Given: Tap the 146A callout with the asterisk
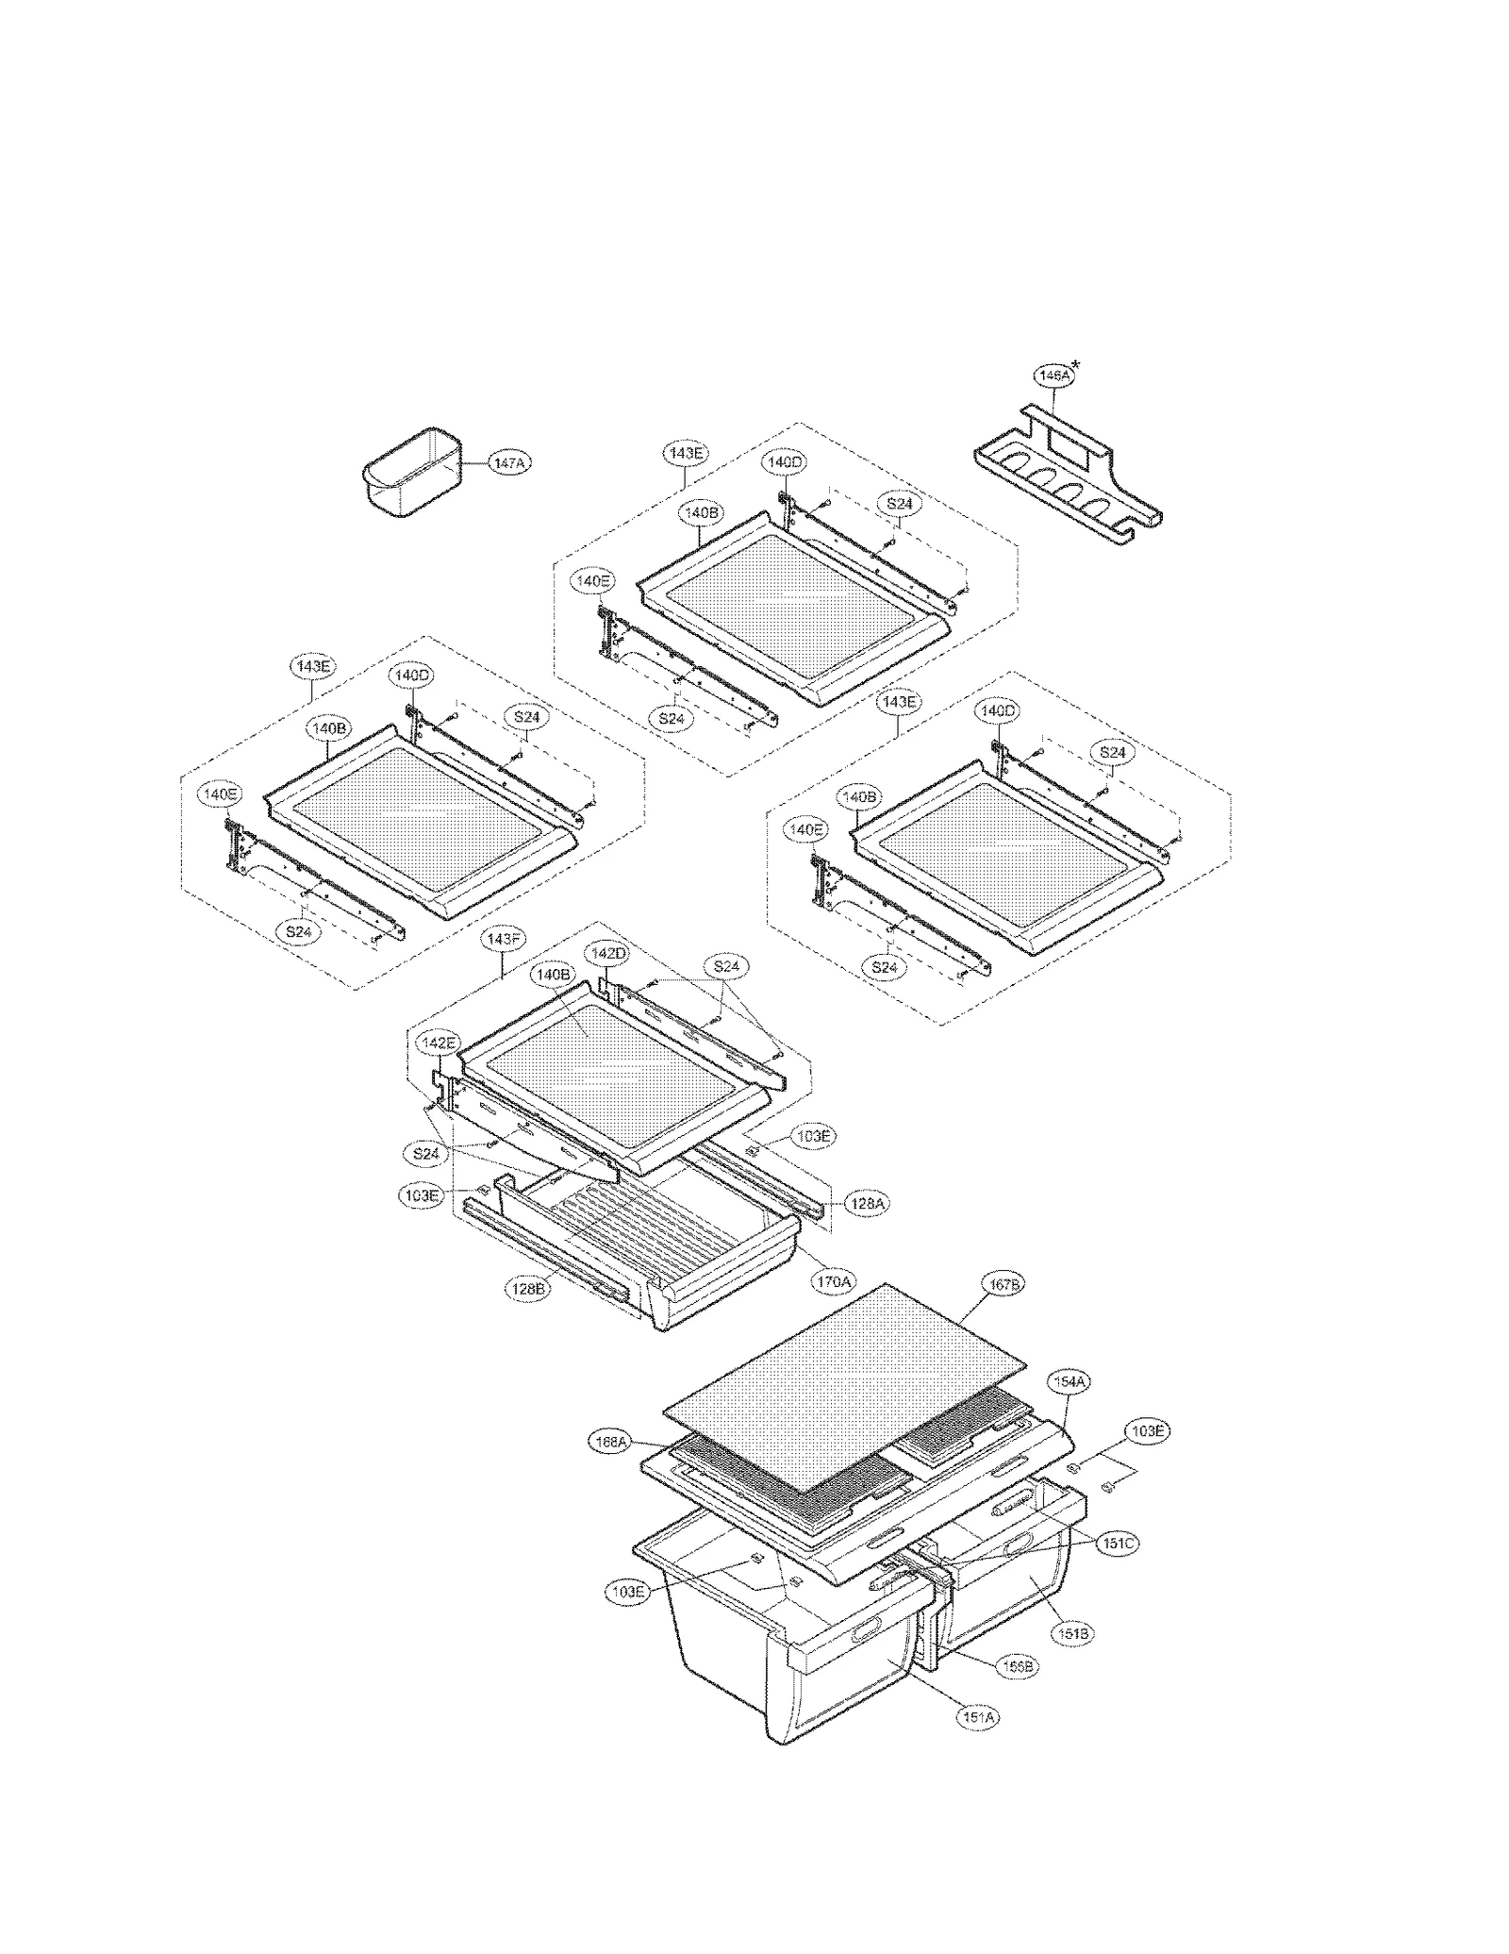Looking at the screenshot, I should [x=1053, y=375].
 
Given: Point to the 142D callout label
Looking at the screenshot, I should [x=608, y=953].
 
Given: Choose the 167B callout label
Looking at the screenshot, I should [x=1003, y=1284].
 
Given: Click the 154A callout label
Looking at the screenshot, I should [x=1070, y=1381].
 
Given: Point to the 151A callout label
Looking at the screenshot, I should [x=977, y=1718].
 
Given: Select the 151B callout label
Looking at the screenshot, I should [x=1072, y=1633].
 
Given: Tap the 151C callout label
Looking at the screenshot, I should [x=1118, y=1544].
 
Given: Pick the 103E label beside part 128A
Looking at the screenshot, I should [x=813, y=1136].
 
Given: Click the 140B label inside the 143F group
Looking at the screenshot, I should [x=552, y=973].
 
